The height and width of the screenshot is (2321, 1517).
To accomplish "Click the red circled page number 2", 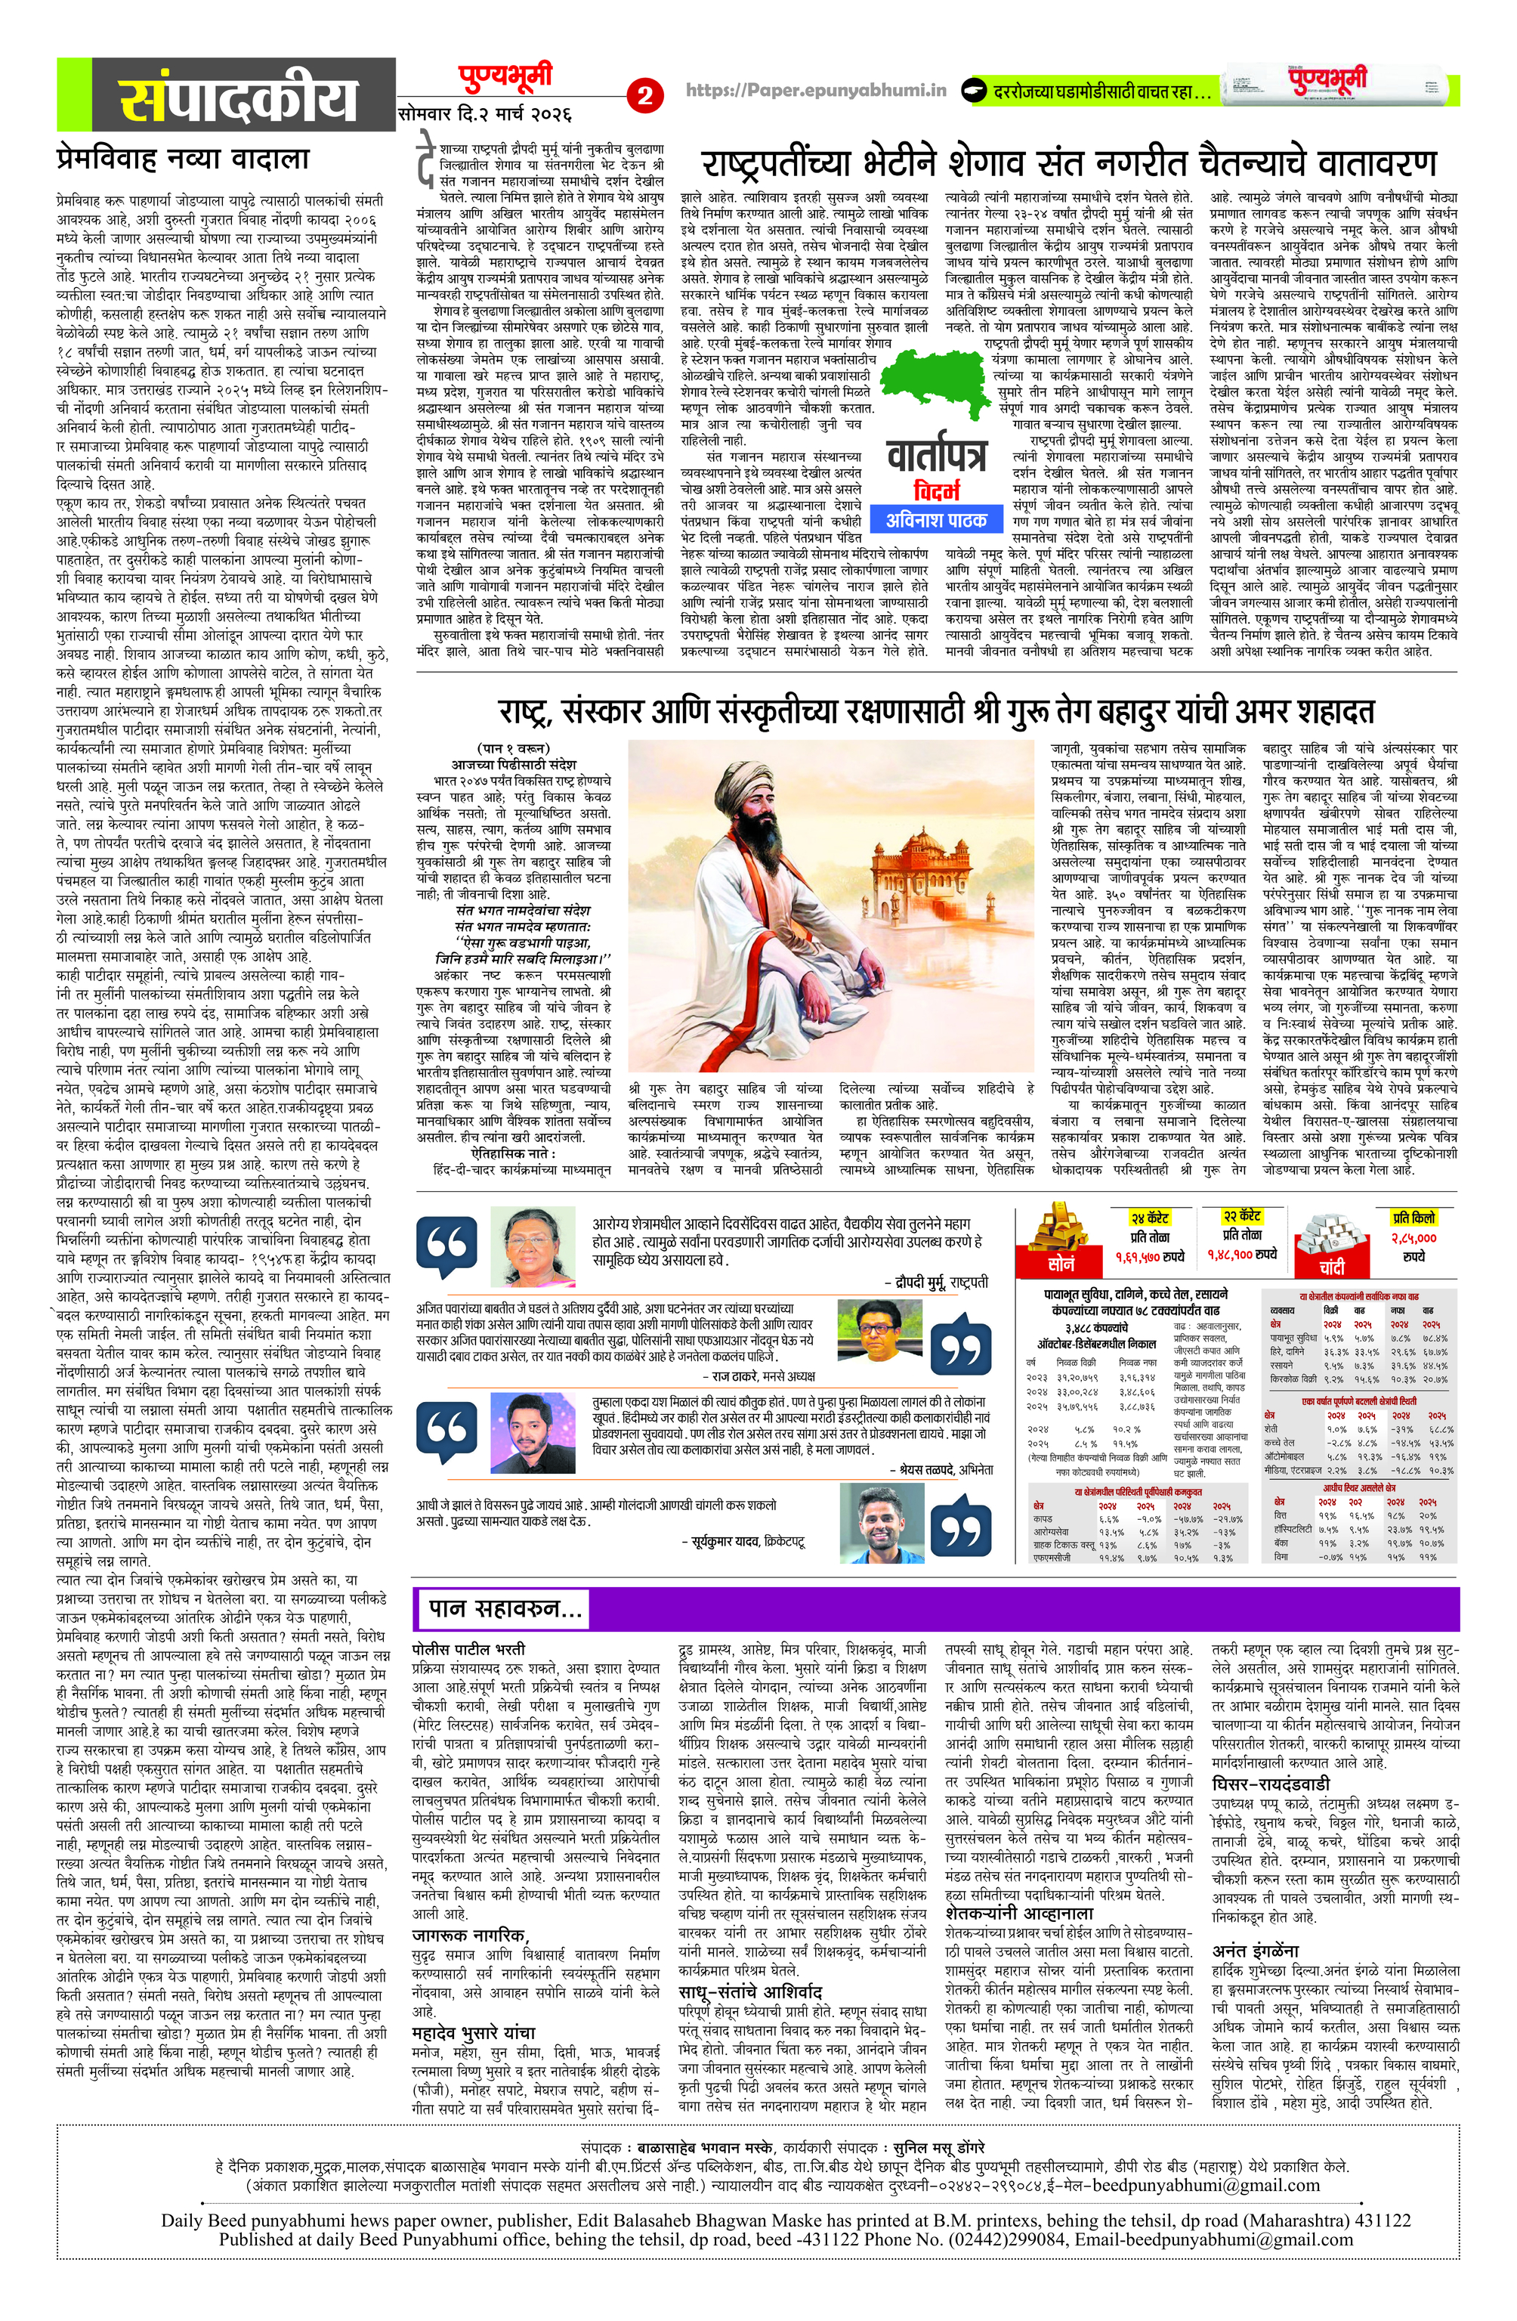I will click(x=644, y=95).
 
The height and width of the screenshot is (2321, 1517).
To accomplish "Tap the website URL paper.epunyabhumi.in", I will click(x=817, y=91).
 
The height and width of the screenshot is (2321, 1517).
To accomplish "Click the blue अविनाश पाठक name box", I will click(x=936, y=520).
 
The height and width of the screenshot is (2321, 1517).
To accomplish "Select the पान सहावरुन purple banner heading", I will click(x=506, y=1609).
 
